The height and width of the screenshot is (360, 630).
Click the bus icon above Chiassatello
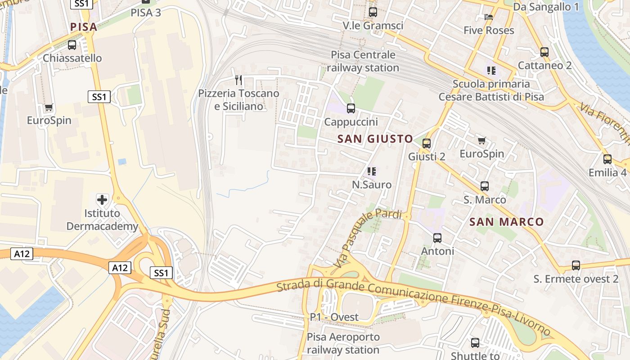[x=72, y=45]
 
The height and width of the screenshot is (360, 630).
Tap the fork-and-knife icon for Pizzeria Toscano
[x=238, y=80]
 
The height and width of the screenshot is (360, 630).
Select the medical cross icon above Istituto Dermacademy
[x=102, y=199]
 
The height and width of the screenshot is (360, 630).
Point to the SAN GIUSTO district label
[x=375, y=139]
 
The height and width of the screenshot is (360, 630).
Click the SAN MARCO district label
[x=507, y=222]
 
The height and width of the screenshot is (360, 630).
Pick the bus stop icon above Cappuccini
[x=351, y=108]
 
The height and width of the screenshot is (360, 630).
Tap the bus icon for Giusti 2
[x=427, y=144]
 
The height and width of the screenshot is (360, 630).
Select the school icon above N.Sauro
[x=372, y=171]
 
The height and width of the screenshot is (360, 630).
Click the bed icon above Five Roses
[x=489, y=17]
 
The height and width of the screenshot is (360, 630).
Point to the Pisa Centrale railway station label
[x=363, y=61]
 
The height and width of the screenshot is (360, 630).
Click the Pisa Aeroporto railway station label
[x=343, y=343]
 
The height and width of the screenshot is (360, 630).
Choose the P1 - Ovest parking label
[x=334, y=317]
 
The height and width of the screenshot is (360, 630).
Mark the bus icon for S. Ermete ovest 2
[x=576, y=265]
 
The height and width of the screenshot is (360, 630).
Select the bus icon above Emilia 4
[x=607, y=159]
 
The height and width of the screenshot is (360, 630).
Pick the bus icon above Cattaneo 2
[x=544, y=52]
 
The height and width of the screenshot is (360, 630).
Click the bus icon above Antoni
[x=437, y=238]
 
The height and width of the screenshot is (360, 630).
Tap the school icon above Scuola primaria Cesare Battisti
[x=491, y=71]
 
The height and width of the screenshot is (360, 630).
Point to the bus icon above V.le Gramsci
[x=373, y=13]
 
